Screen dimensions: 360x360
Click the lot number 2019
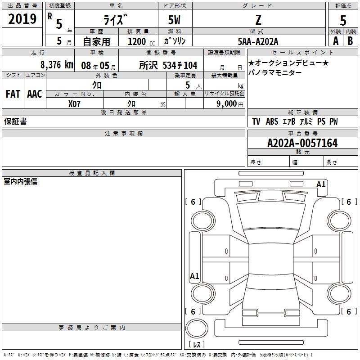click(22, 19)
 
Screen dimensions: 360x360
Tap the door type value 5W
click(174, 20)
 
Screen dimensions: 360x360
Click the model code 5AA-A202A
click(258, 41)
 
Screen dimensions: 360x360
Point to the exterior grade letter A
click(336, 41)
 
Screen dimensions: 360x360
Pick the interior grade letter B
click(350, 41)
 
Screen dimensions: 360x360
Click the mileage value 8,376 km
click(57, 65)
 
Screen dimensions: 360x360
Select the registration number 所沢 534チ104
click(168, 65)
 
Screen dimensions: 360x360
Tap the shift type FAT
click(13, 94)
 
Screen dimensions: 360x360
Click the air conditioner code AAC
click(35, 94)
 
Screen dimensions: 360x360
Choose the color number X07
click(74, 104)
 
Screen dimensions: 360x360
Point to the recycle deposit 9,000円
click(230, 104)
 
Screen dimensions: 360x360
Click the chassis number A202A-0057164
click(302, 143)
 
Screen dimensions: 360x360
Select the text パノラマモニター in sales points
click(275, 72)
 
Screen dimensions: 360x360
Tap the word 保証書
click(15, 121)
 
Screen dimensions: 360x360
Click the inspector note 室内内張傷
click(20, 181)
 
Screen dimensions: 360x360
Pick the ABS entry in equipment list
click(272, 121)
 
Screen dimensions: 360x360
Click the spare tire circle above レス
click(197, 328)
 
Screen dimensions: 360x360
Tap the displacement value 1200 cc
click(141, 41)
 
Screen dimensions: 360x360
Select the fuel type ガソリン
click(175, 41)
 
